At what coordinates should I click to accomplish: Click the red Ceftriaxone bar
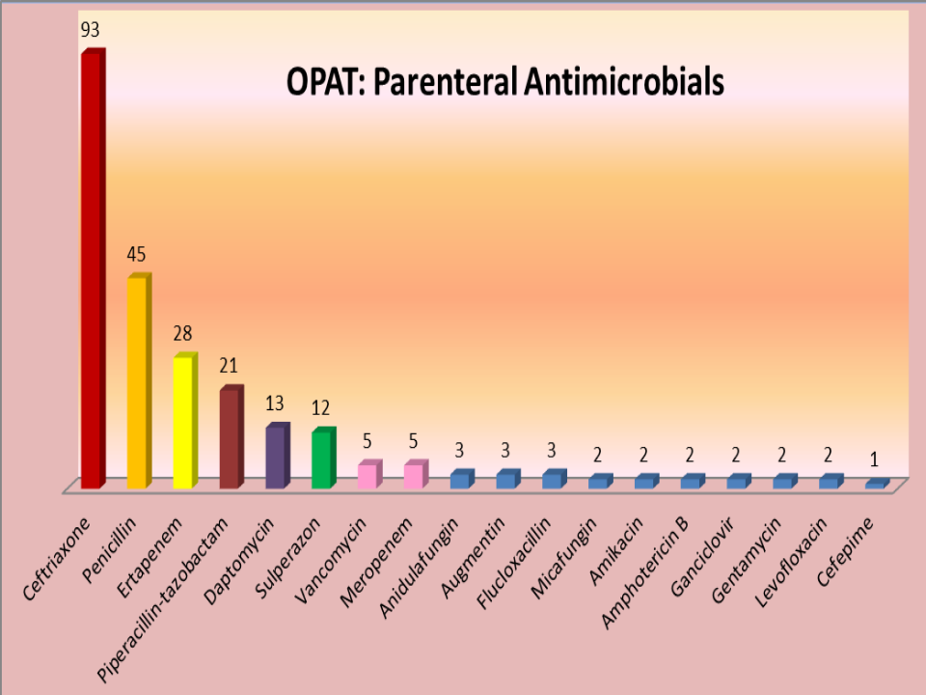94,269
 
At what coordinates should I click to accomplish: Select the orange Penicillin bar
139,381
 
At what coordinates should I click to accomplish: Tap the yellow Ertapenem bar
185,421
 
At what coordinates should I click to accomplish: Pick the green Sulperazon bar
324,458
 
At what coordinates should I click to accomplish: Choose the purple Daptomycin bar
278,456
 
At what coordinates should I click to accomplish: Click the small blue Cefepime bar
878,484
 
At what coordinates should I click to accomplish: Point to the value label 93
91,29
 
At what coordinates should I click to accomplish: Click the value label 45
136,254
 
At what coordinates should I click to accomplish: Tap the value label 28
182,333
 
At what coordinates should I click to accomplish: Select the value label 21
229,366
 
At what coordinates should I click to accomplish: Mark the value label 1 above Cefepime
875,459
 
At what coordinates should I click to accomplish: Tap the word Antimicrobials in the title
624,81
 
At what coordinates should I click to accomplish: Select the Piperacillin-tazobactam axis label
162,598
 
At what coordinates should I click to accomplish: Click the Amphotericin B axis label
645,572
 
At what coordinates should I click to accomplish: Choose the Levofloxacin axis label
791,562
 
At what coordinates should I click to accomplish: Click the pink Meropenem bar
416,475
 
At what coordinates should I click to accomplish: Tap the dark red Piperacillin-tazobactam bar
231,437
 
